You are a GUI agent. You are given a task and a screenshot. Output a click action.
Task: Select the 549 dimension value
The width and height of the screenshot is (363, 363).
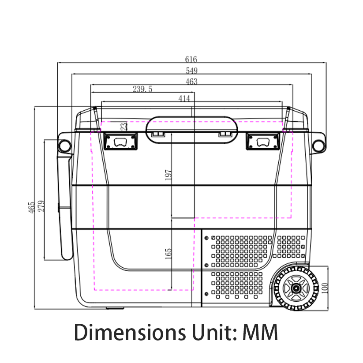192,71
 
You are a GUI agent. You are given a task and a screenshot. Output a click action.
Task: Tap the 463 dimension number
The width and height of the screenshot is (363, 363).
191,82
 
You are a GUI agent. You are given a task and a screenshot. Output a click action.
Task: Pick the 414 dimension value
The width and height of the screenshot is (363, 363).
184,98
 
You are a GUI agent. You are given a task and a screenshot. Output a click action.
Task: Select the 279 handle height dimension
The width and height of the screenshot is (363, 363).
41,206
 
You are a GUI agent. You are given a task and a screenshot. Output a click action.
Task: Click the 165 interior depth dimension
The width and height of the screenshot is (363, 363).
168,253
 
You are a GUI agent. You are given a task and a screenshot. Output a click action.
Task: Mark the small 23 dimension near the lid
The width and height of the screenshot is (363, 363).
124,126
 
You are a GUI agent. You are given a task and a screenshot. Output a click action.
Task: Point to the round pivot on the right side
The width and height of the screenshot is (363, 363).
318,145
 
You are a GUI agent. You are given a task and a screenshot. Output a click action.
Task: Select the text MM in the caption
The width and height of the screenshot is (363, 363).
260,333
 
